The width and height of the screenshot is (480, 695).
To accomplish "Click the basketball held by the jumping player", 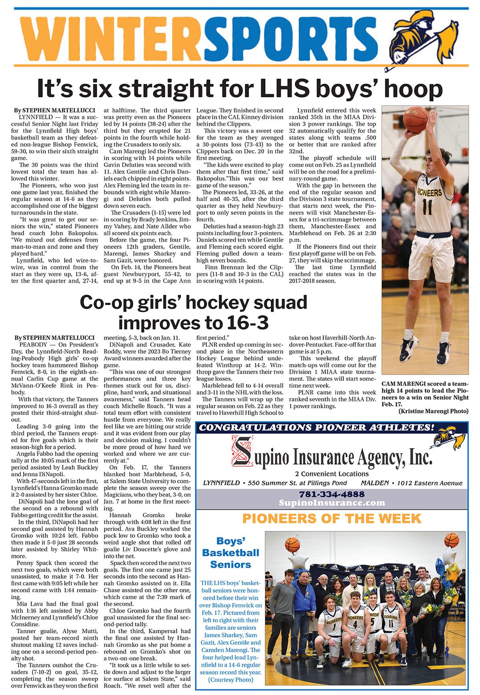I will (x=415, y=119).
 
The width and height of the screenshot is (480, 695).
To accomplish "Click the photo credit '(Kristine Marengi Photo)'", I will (x=433, y=411).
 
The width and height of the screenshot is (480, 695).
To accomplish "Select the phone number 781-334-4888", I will (x=332, y=494).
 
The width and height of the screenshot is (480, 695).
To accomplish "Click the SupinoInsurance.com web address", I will (x=332, y=503).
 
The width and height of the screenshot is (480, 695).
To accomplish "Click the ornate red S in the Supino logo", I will (x=242, y=451).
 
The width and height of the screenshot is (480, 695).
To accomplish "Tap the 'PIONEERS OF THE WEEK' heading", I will (x=332, y=519).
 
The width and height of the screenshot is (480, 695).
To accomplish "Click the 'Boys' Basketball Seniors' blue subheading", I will (x=230, y=553).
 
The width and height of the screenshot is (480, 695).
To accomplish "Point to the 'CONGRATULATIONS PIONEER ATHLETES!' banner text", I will (x=316, y=427).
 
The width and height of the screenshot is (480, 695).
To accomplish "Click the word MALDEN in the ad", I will (x=374, y=483).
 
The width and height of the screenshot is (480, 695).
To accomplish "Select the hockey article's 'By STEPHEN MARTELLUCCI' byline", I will (x=54, y=338).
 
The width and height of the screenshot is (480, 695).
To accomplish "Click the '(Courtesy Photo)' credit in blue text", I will (x=230, y=679).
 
